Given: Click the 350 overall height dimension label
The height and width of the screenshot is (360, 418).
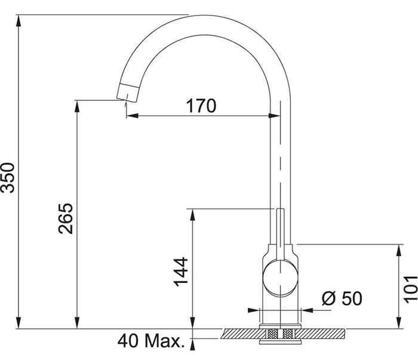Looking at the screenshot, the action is coord(7,178).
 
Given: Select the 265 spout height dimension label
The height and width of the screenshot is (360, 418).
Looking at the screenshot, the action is coord(66,219).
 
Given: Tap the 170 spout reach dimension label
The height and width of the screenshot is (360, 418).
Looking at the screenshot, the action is coord(201,106).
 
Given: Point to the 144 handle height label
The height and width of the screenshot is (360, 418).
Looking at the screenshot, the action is coord(181,272).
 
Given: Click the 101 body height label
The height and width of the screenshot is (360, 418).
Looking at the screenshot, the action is coord(411,290).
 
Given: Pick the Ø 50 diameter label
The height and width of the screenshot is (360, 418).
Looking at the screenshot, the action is coord(342,298).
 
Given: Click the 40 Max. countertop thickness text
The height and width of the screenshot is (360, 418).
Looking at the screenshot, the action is coord(151,340).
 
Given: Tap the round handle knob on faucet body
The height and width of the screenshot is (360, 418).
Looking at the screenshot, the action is coord(280,278).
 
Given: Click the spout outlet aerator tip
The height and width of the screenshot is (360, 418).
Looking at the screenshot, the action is coord(128,93).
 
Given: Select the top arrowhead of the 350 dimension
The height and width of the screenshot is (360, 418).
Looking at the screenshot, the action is coord(19,20).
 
